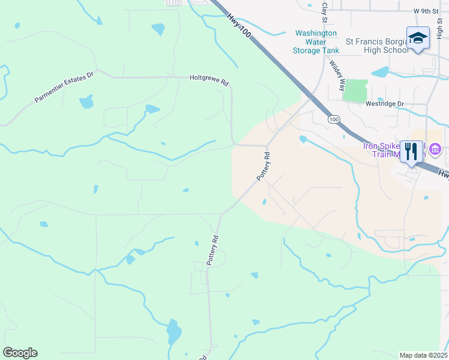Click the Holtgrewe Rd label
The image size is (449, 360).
(209, 78)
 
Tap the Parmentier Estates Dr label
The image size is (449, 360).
(65, 88)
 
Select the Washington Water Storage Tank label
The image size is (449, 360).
(316, 42)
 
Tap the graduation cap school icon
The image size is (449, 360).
(418, 38)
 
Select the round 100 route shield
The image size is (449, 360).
(334, 120)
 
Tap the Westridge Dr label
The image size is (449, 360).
(385, 104)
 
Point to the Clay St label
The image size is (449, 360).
(325, 12)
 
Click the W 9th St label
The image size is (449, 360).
(427, 11)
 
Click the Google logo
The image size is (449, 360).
(20, 352)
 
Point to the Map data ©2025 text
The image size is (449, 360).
(423, 355)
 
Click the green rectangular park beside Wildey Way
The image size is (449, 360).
(355, 91)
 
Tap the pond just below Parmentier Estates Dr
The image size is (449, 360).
(86, 101)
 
